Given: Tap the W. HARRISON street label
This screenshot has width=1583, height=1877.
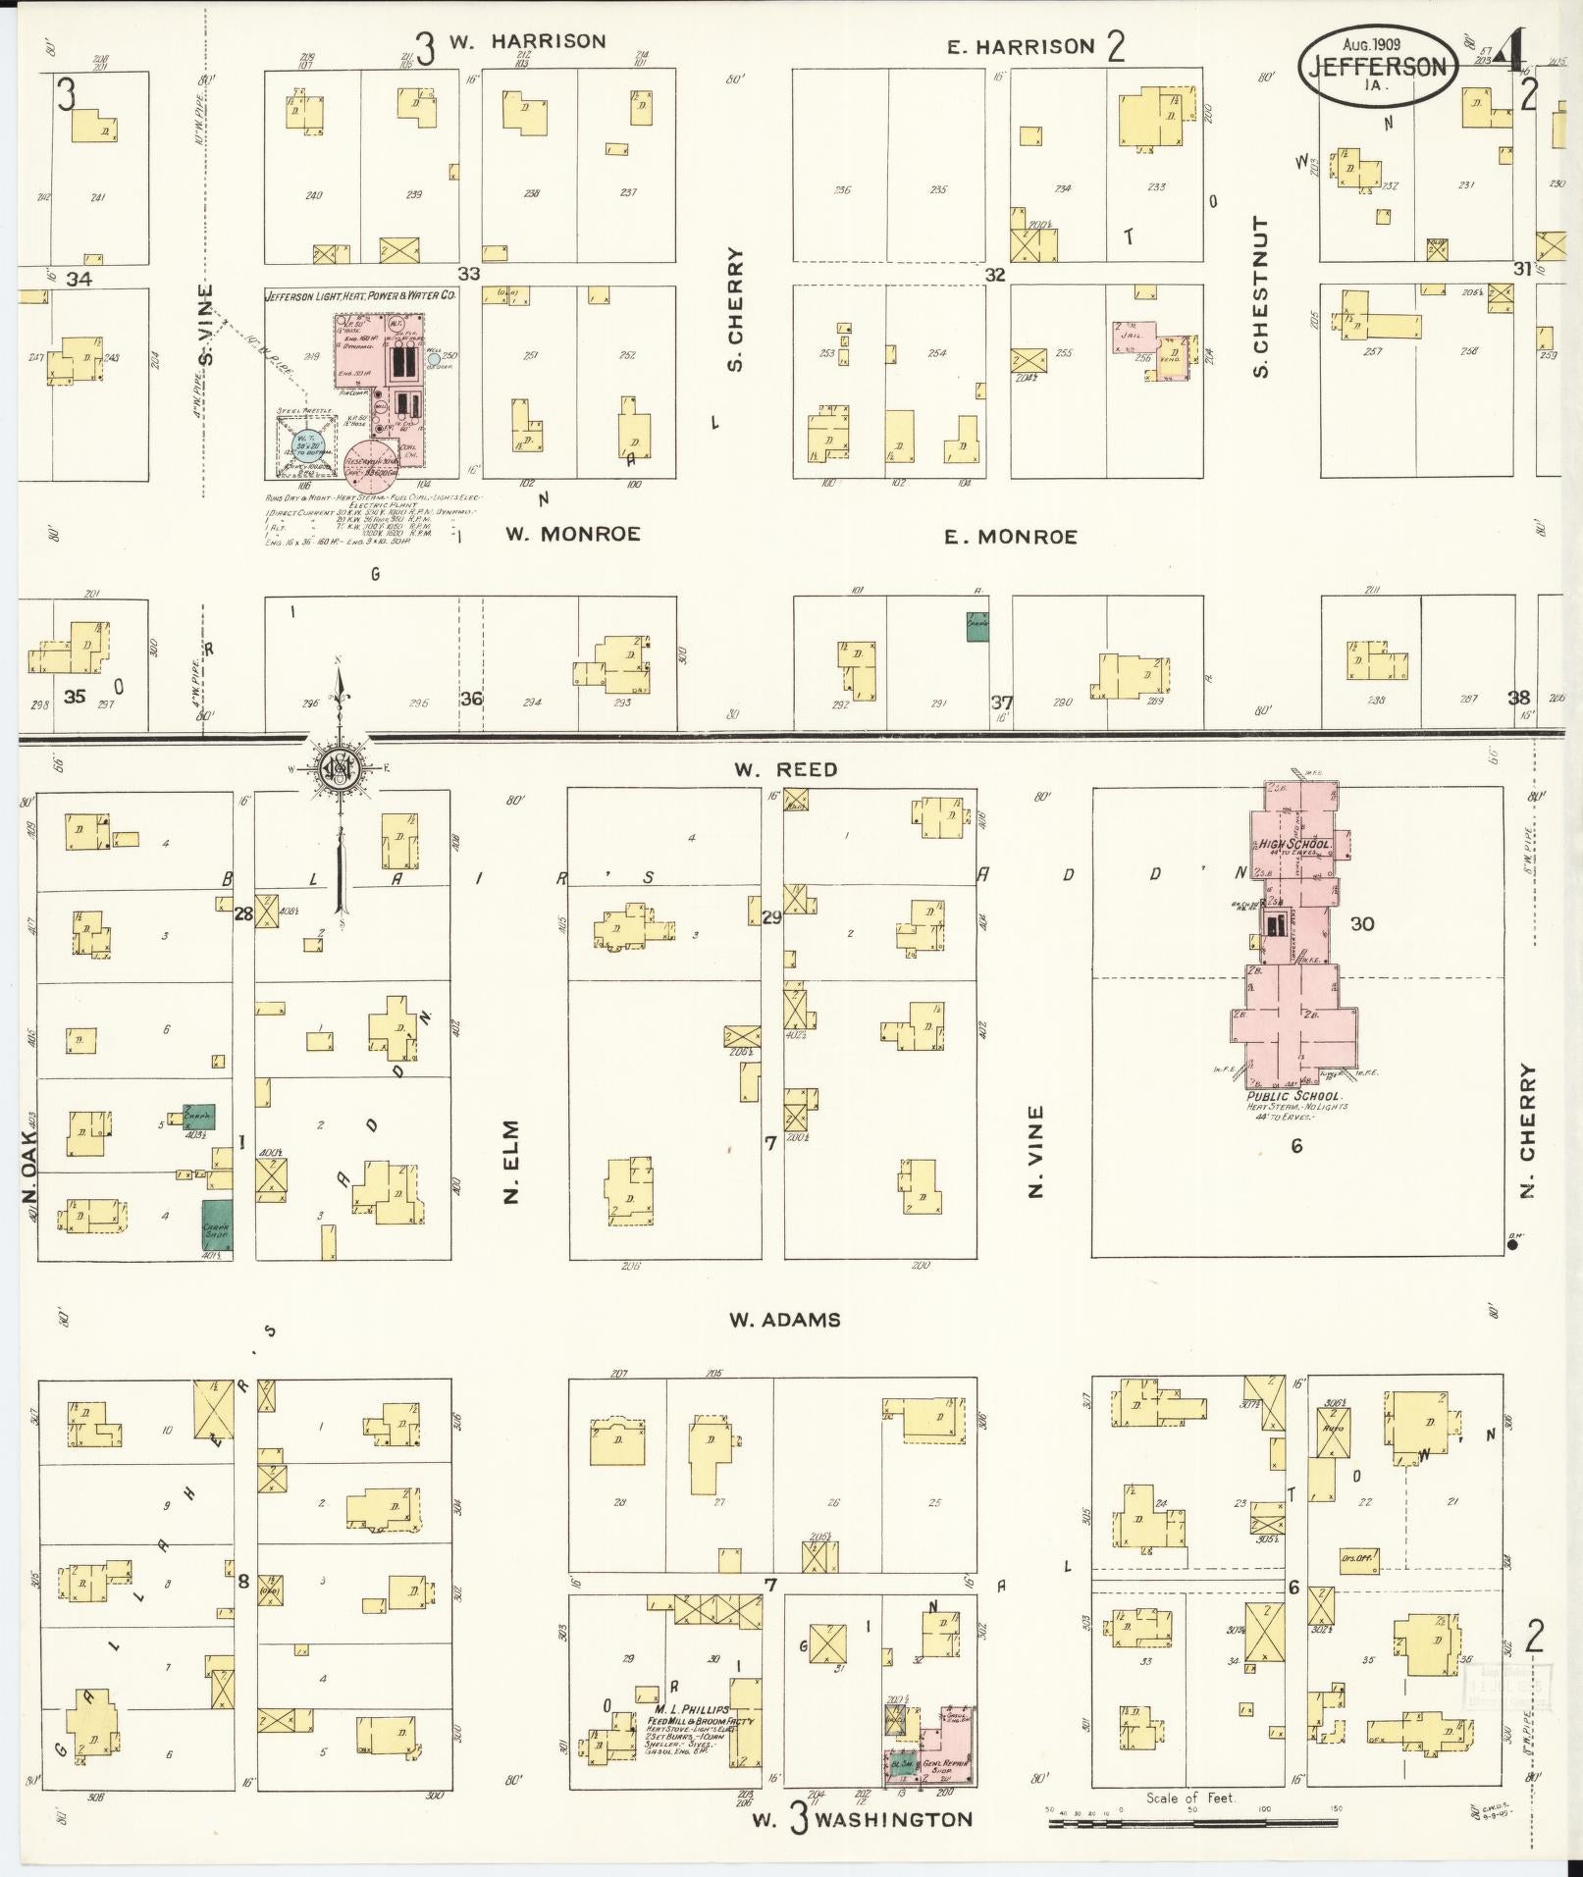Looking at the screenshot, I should pyautogui.click(x=527, y=41).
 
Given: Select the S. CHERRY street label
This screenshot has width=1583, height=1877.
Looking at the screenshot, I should pyautogui.click(x=735, y=309).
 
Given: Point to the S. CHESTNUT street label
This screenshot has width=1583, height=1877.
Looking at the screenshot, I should pyautogui.click(x=1261, y=297).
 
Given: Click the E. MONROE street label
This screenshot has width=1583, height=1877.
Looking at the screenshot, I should pyautogui.click(x=1011, y=537).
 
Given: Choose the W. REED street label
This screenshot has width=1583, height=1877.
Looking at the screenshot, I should pyautogui.click(x=785, y=769).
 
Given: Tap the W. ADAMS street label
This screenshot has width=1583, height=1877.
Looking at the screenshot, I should pyautogui.click(x=784, y=1320).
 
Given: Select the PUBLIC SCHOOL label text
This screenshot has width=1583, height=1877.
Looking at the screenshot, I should pyautogui.click(x=1293, y=1096).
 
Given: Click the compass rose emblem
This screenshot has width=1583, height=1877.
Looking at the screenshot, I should pyautogui.click(x=339, y=768).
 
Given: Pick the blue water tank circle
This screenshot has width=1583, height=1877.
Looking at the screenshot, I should pyautogui.click(x=306, y=445).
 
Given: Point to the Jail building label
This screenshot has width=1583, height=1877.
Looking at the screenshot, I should pyautogui.click(x=1130, y=335).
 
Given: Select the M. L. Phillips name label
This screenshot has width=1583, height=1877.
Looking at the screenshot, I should pyautogui.click(x=693, y=1710).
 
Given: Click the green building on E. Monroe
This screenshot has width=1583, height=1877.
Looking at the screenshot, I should pyautogui.click(x=976, y=626).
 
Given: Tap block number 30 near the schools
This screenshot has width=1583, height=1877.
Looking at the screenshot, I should pyautogui.click(x=1361, y=923).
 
